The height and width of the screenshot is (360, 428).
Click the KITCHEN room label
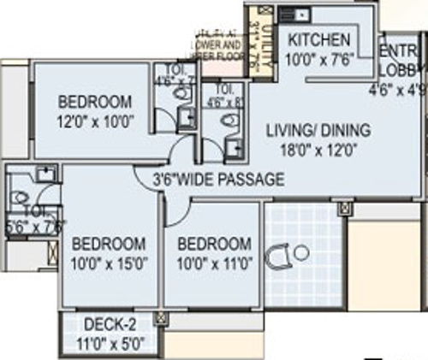(318, 40)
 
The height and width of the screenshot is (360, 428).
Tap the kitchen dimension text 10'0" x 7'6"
(318, 59)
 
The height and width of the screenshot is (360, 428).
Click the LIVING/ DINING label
(318, 131)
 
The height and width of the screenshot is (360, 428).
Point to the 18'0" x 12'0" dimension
(318, 148)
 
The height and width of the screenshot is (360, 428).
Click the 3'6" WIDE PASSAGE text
(218, 180)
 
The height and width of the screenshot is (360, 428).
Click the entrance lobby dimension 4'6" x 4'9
(398, 87)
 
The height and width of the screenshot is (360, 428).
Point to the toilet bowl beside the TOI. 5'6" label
(19, 198)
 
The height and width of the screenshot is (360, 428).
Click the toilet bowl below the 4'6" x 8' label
(228, 121)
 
